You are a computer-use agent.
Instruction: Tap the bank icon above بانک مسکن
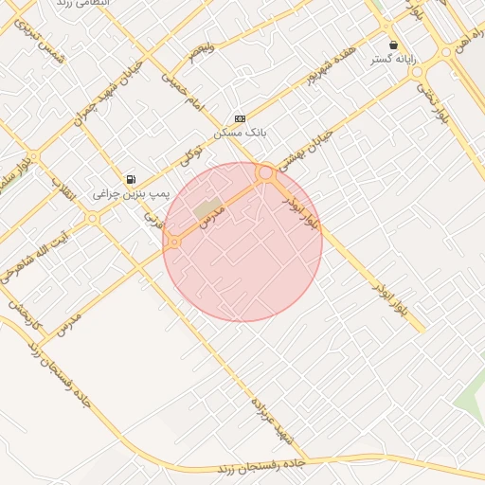(240, 118)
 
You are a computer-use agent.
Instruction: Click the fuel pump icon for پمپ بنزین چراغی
(131, 179)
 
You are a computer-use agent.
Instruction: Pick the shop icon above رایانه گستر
(393, 45)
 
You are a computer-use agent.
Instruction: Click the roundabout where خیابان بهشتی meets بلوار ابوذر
(265, 173)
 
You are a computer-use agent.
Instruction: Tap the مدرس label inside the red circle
(209, 212)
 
